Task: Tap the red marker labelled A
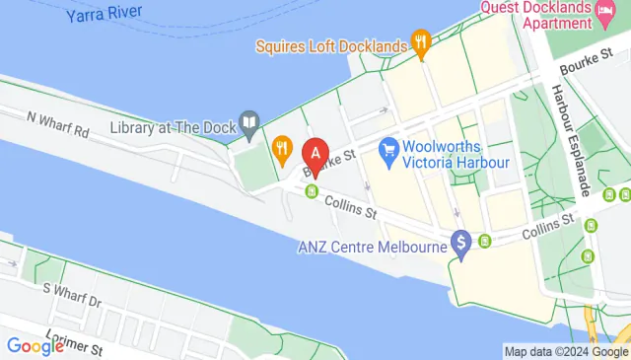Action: click(315, 156)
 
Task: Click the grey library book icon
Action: click(250, 123)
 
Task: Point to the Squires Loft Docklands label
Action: click(330, 45)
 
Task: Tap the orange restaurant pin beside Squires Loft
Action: click(422, 42)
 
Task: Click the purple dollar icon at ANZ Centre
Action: click(459, 242)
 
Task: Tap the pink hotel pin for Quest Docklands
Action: click(609, 12)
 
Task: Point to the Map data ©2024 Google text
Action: click(565, 351)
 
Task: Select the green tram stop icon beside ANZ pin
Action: click(485, 242)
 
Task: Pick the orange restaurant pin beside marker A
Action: click(283, 150)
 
